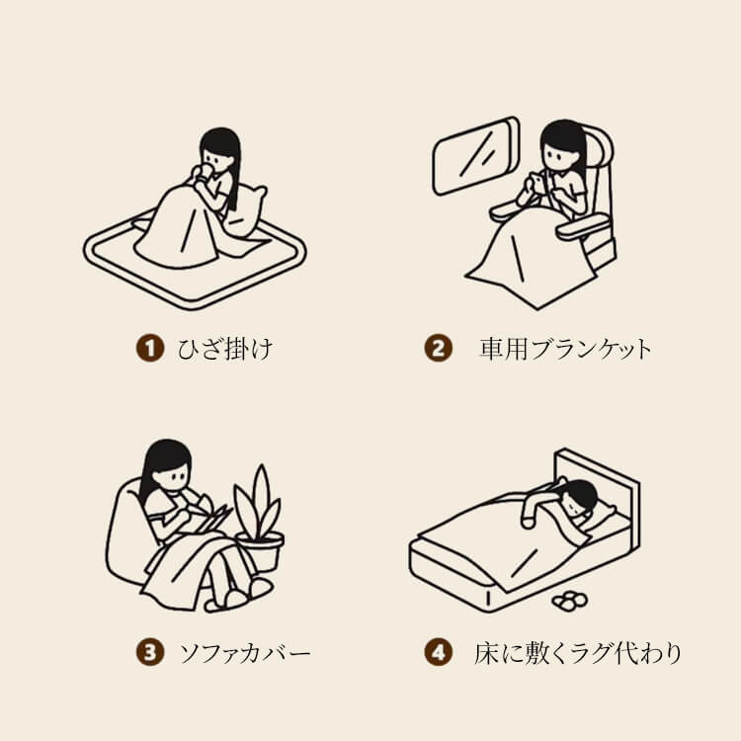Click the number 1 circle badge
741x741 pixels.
[x=150, y=349]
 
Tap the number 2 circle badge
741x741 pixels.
[x=438, y=349]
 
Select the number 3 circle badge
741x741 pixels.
[x=150, y=652]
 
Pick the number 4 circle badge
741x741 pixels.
[x=438, y=652]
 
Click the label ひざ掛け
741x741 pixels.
[x=225, y=349]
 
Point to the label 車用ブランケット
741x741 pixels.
[x=566, y=349]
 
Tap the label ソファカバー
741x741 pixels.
[x=245, y=653]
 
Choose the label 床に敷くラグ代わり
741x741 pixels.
[x=578, y=653]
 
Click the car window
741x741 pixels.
[x=475, y=156]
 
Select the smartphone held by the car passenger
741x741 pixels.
[x=535, y=182]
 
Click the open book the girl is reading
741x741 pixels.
[x=211, y=519]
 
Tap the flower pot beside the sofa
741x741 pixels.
[x=261, y=550]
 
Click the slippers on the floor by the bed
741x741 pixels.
[x=569, y=601]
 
